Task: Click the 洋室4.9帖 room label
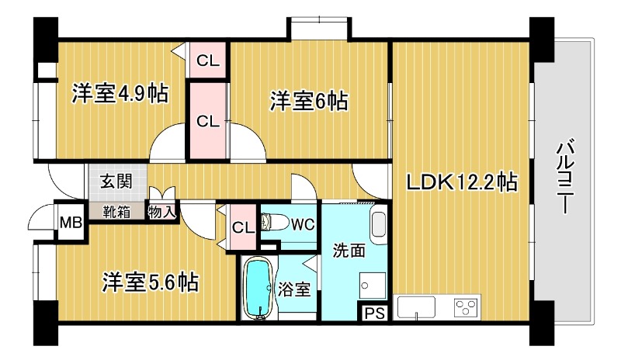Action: click(x=120, y=93)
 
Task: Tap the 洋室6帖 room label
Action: click(x=309, y=101)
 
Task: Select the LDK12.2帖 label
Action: click(x=462, y=182)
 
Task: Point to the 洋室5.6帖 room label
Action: click(x=151, y=282)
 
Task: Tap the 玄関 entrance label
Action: click(x=116, y=182)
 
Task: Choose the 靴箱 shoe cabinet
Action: click(x=116, y=212)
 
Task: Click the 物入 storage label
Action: click(x=161, y=212)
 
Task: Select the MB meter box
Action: click(x=71, y=222)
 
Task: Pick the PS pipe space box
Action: click(x=374, y=313)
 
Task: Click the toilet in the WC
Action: click(x=275, y=223)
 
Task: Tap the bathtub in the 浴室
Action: click(x=258, y=288)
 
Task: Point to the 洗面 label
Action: click(x=349, y=251)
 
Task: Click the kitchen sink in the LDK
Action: click(x=416, y=307)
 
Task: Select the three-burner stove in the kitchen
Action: click(x=466, y=307)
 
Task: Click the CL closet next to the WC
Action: click(x=243, y=227)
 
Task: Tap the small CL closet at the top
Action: click(x=208, y=61)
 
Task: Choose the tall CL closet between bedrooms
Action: click(x=208, y=121)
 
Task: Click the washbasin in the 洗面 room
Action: click(x=379, y=224)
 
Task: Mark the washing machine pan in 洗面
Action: click(x=373, y=286)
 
